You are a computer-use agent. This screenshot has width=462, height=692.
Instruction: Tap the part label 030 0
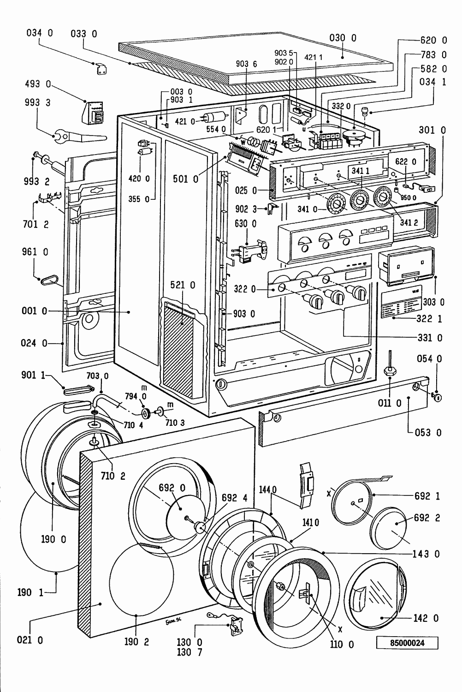[x=343, y=38]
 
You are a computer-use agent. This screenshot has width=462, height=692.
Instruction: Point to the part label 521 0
[x=183, y=286]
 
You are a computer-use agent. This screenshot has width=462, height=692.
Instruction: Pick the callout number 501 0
[x=186, y=179]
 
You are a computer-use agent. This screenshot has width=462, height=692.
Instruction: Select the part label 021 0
[x=30, y=640]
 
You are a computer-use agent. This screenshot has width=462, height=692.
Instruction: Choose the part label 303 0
[x=433, y=303]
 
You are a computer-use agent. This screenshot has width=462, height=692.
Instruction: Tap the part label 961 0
[x=35, y=252]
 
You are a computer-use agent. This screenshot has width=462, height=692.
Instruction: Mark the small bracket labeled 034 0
[x=101, y=68]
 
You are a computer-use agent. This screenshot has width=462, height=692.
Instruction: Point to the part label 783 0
[x=434, y=55]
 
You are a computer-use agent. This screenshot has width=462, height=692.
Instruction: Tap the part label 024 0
[x=34, y=343]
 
